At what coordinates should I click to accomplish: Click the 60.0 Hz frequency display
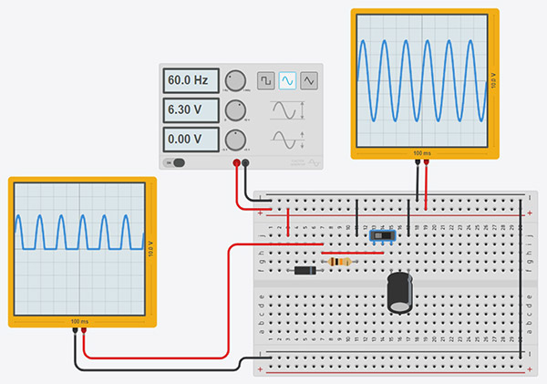coord(191,80)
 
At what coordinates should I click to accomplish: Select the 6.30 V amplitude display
coord(191,110)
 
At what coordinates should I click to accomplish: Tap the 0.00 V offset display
coord(191,140)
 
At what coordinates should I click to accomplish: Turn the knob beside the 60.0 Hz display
coord(235,80)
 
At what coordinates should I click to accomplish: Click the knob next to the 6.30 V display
coord(235,110)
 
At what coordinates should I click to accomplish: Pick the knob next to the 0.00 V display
coord(235,140)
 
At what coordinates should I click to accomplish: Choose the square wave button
coord(265,80)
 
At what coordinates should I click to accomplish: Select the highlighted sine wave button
coord(287,80)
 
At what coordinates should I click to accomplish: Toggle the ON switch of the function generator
coord(175,163)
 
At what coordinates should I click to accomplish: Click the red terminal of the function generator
coord(236,163)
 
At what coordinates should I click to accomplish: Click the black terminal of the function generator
coord(245,163)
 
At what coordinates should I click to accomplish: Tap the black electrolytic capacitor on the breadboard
coord(398,292)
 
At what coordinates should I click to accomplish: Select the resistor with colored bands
coord(341,262)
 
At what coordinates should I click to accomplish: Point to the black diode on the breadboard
coord(304,270)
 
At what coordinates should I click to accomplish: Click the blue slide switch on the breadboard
coord(383,236)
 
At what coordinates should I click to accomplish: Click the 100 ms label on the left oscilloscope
coord(79,322)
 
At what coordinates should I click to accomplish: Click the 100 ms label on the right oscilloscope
coord(423,152)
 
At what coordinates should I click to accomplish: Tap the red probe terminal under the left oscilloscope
coord(84,333)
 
